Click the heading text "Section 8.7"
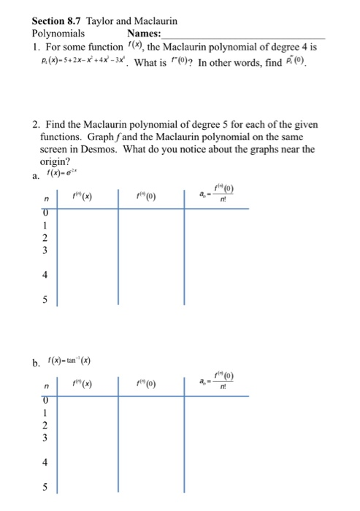pyautogui.click(x=57, y=21)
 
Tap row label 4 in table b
pyautogui.click(x=47, y=462)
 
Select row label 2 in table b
pyautogui.click(x=47, y=426)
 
